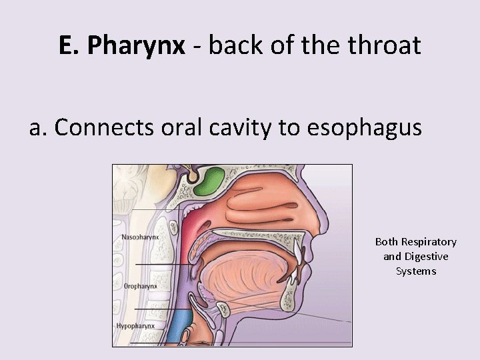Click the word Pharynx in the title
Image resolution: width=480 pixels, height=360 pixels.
137,45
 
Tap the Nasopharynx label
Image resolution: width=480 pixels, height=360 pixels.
140,237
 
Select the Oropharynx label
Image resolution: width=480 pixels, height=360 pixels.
141,285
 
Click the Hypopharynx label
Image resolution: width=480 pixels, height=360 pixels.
135,326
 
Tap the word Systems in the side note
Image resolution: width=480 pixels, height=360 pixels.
416,271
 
